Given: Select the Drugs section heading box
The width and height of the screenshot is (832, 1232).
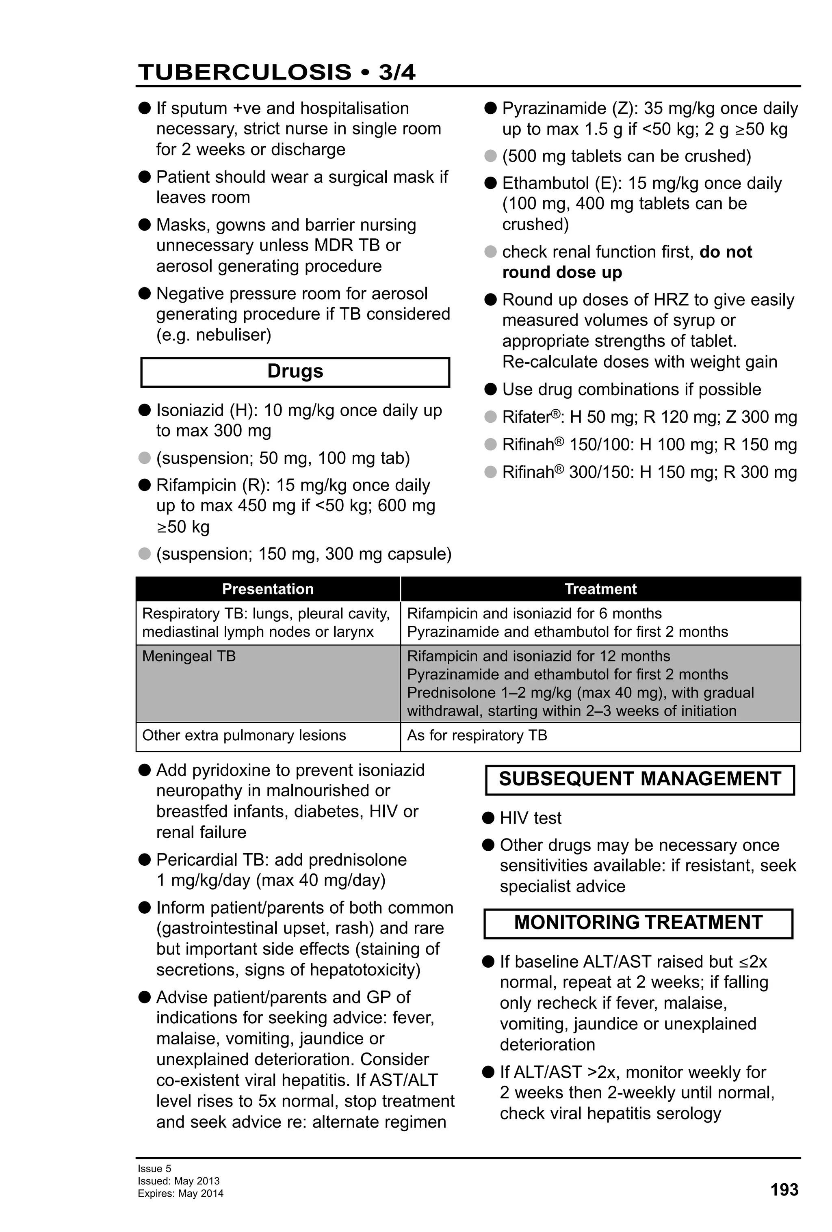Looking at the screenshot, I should coord(295,372).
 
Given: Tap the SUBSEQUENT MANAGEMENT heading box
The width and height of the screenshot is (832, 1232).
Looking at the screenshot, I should coord(639,779).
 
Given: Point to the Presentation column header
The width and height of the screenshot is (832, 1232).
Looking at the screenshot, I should coord(268,589).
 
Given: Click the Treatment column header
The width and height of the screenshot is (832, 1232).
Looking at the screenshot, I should coord(600,589).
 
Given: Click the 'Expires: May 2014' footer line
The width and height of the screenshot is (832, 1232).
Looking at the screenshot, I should coord(180,1194).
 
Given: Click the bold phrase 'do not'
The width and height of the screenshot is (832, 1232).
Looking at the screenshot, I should coord(726,252).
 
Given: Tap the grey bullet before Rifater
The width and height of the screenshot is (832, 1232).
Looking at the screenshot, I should coord(490,417).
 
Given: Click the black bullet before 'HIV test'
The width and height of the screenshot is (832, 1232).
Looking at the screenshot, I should coord(488,817).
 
